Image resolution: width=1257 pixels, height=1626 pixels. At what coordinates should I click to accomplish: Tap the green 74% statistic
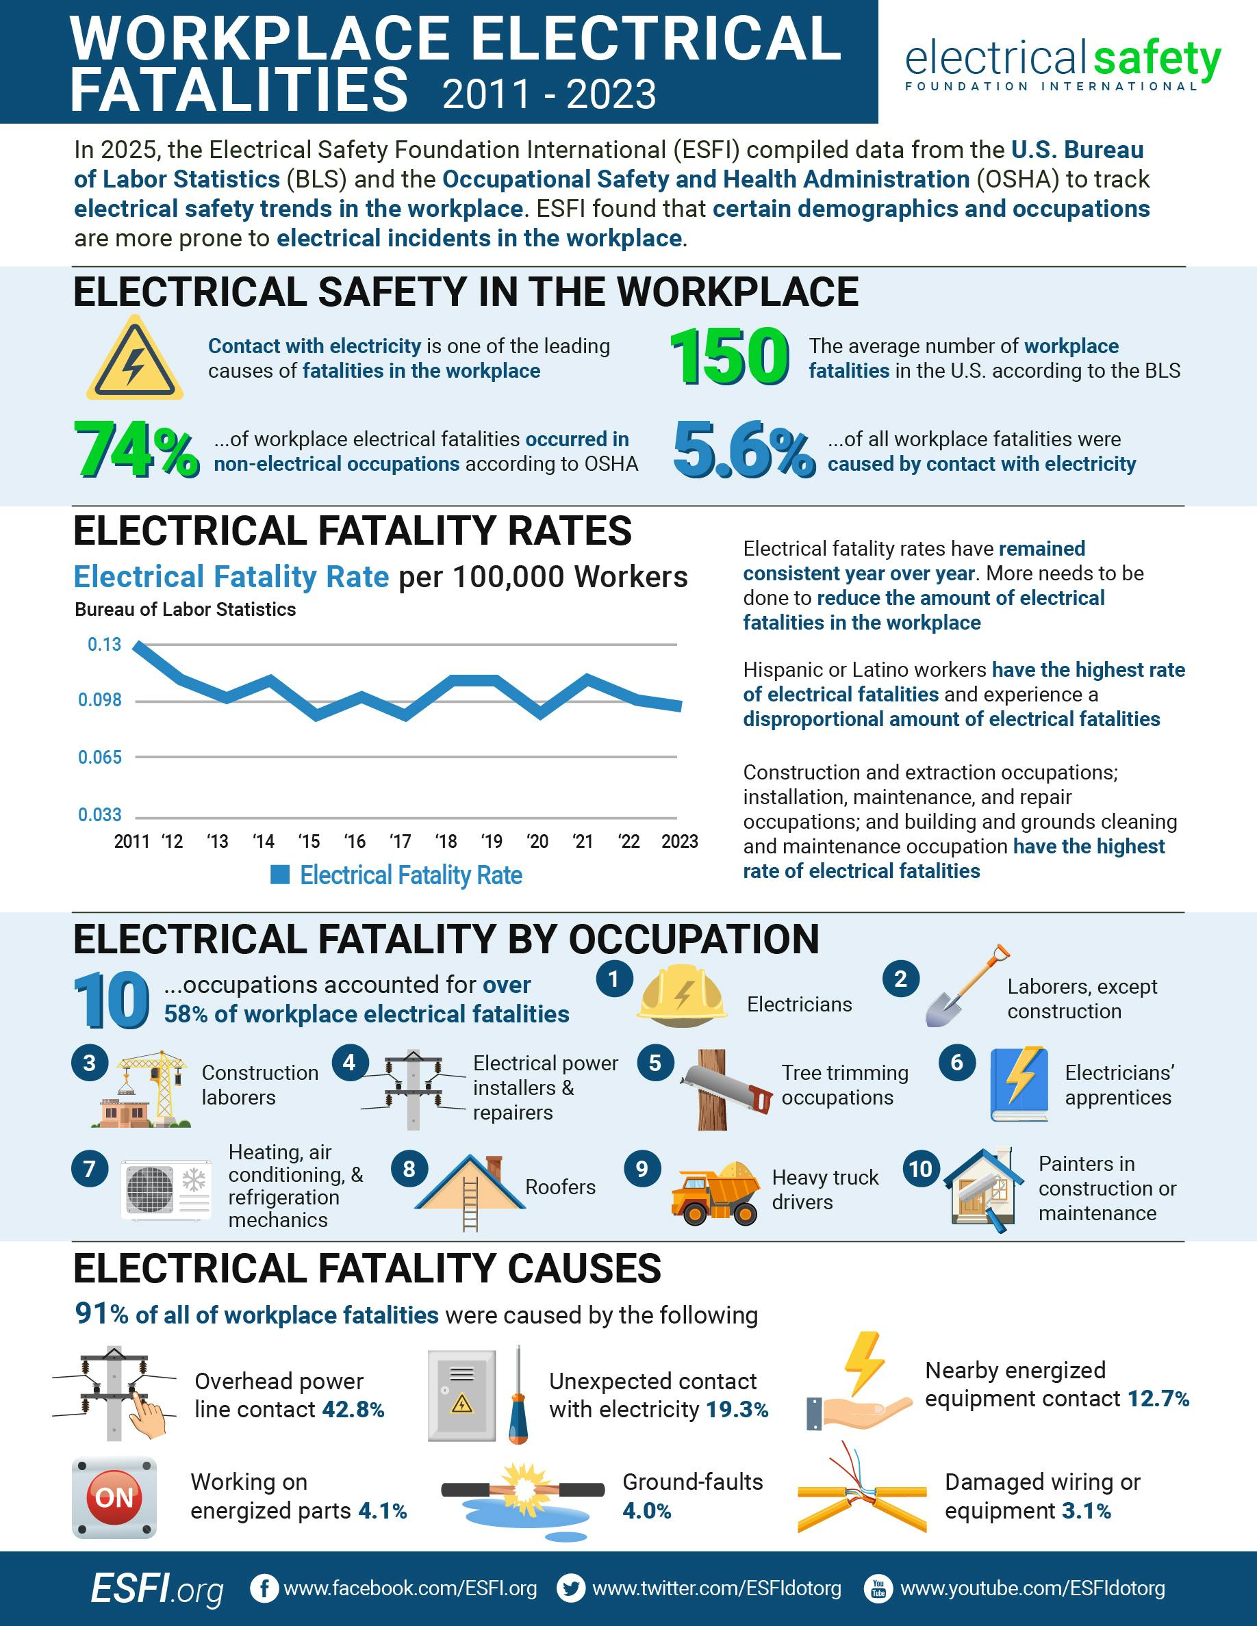(x=136, y=449)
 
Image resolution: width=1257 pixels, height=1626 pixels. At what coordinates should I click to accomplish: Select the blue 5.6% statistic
(x=744, y=450)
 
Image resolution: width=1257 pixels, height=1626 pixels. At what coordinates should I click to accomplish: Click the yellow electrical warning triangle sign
(x=134, y=359)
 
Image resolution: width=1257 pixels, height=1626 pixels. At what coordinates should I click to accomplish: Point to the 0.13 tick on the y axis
(x=104, y=645)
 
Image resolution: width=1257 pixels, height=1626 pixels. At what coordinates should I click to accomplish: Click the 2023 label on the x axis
(x=679, y=841)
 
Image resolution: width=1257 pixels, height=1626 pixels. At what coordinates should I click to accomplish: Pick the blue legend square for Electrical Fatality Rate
(x=280, y=875)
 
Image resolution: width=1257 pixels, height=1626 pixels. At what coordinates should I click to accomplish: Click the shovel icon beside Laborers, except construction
(x=965, y=988)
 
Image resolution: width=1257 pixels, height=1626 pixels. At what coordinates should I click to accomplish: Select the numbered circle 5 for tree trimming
(x=655, y=1062)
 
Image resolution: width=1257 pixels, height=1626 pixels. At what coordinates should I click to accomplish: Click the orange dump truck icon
(x=714, y=1193)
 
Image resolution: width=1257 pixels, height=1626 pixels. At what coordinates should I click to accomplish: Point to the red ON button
(x=114, y=1497)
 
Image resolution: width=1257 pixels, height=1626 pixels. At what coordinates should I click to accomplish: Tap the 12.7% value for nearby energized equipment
(x=1158, y=1399)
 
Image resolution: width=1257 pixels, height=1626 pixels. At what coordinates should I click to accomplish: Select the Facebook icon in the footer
(x=264, y=1588)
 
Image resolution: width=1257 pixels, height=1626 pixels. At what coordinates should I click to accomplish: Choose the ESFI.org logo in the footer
(x=157, y=1588)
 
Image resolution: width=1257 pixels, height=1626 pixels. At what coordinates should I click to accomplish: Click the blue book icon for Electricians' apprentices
(x=1019, y=1084)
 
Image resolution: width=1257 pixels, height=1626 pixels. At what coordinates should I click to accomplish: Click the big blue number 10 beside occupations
(x=112, y=1001)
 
